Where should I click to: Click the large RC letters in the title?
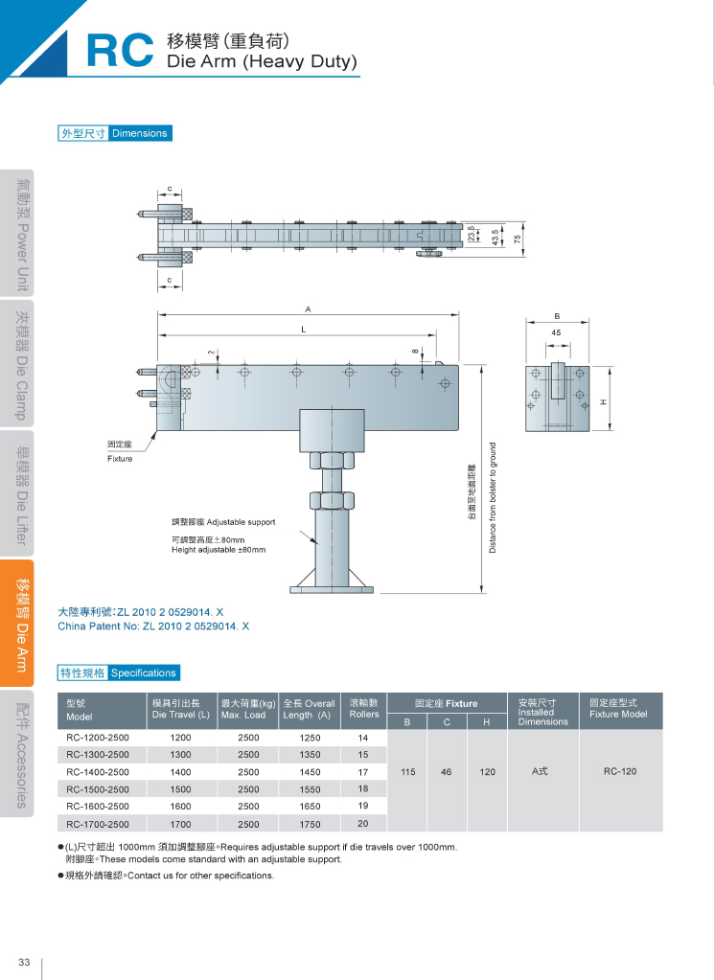pyautogui.click(x=120, y=50)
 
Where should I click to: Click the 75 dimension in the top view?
pyautogui.click(x=518, y=239)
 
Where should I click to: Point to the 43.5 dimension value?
pyautogui.click(x=495, y=238)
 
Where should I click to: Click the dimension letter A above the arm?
pyautogui.click(x=308, y=308)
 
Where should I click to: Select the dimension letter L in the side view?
pyautogui.click(x=303, y=330)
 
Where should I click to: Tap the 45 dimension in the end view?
pyautogui.click(x=557, y=332)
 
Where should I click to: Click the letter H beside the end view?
pyautogui.click(x=604, y=402)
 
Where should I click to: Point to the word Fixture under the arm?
pyautogui.click(x=120, y=459)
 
